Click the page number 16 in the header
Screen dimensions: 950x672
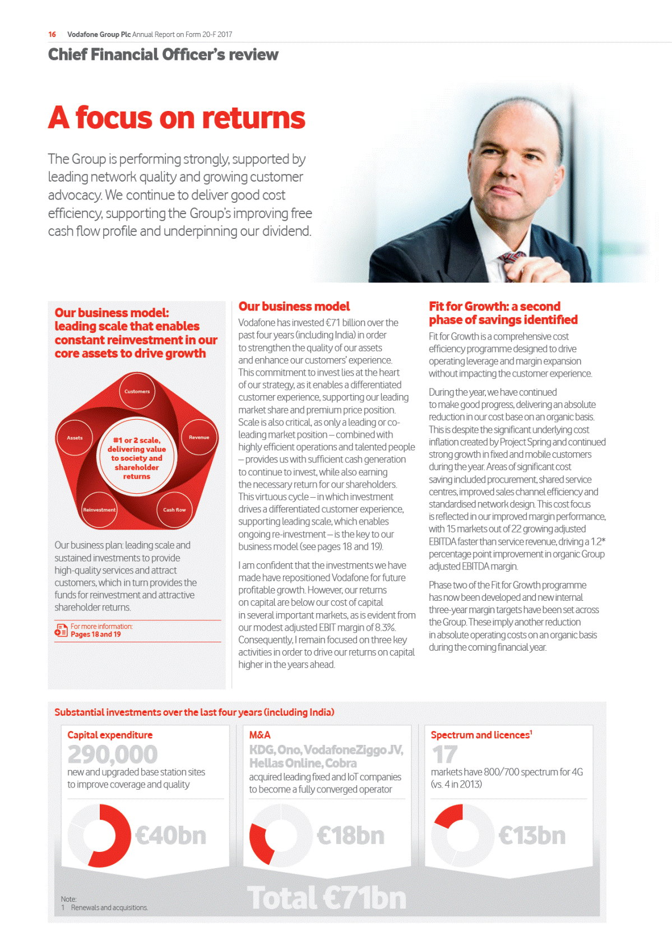coord(52,34)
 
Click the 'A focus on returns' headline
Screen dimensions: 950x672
coord(177,118)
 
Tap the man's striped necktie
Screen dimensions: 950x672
coord(511,264)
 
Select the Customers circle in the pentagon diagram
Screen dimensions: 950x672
coord(137,391)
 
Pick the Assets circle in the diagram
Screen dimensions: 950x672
coord(75,438)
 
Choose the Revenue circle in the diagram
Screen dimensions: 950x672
coord(199,437)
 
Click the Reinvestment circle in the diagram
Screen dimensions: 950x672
coord(99,510)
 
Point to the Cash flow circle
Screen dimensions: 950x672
coord(174,510)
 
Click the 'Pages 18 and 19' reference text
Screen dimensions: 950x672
coord(95,634)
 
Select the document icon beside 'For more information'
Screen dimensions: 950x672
coord(61,630)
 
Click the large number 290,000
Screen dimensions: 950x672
coord(113,754)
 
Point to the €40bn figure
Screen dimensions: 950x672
coord(171,835)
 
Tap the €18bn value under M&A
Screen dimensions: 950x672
coord(351,835)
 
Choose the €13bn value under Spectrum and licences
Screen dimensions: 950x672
coord(532,835)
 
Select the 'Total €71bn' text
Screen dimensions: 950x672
coord(327,898)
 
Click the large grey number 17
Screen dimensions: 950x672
coord(445,754)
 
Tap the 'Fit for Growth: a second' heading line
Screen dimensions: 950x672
coord(494,306)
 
